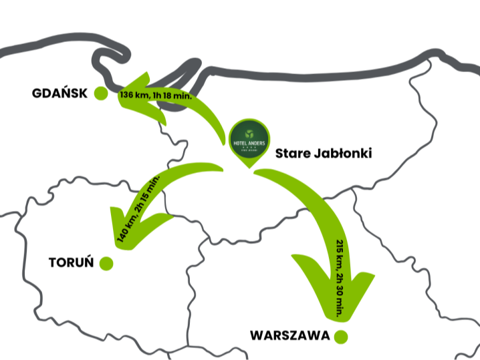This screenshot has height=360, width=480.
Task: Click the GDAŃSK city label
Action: point(59,94)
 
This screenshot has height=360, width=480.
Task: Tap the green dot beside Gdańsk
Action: point(101,94)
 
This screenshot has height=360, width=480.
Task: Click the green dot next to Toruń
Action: point(106,264)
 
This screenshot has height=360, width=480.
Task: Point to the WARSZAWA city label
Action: point(289,336)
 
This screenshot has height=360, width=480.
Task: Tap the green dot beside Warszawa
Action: point(341,336)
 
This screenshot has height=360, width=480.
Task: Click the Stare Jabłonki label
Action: point(324,154)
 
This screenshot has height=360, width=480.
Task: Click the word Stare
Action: point(291,154)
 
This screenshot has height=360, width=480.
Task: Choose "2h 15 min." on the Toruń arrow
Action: point(148,193)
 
